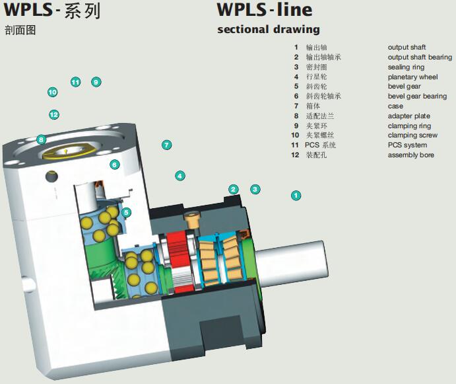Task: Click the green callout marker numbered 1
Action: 296,195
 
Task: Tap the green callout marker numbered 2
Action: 233,189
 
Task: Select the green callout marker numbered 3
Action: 255,189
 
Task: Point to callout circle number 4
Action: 179,176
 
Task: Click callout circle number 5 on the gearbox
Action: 126,212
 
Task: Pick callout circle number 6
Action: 114,165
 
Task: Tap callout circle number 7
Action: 166,145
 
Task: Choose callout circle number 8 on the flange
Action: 41,139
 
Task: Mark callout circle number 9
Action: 96,82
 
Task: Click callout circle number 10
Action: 52,93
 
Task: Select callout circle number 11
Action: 75,82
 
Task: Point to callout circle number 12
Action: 54,114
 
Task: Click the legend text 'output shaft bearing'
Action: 420,58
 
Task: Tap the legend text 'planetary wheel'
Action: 412,77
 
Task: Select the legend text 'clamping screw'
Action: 412,135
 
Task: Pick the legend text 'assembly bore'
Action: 410,155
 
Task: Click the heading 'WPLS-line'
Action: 265,10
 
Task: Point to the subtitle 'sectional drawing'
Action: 268,29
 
